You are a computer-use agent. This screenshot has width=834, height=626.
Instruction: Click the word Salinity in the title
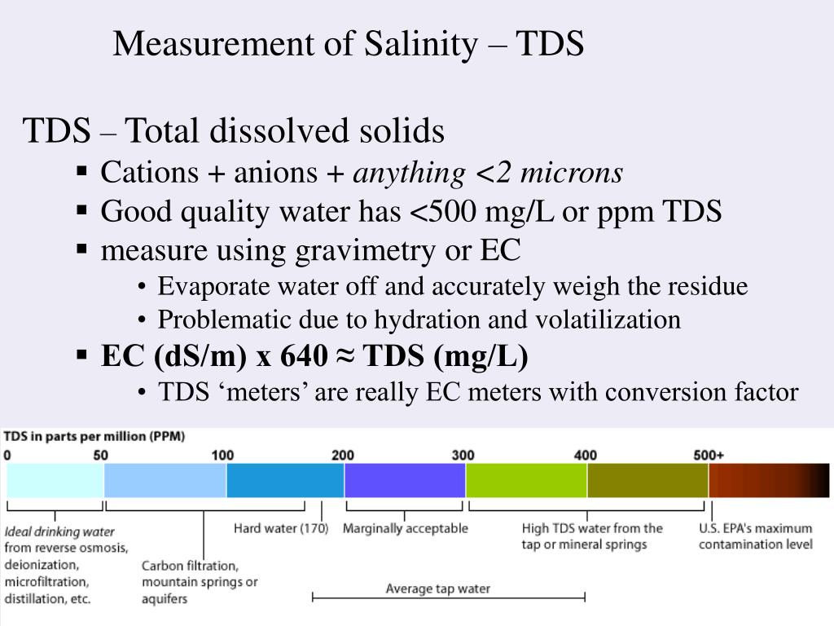pyautogui.click(x=421, y=44)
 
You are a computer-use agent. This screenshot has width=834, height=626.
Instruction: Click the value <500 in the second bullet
pyautogui.click(x=442, y=211)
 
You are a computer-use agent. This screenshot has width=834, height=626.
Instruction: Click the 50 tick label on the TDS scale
pyautogui.click(x=100, y=455)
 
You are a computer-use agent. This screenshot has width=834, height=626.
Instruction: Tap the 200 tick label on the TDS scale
pyautogui.click(x=343, y=455)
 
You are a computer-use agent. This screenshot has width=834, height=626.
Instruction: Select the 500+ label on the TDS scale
pyautogui.click(x=709, y=455)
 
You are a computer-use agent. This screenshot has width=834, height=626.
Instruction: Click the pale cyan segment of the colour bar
pyautogui.click(x=55, y=480)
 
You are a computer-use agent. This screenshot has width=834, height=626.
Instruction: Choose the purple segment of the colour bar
pyautogui.click(x=405, y=480)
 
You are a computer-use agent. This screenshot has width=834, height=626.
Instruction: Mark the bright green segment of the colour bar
pyautogui.click(x=527, y=480)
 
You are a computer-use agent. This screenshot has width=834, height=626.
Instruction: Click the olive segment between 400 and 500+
pyautogui.click(x=647, y=480)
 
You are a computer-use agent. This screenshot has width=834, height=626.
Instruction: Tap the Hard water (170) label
pyautogui.click(x=281, y=528)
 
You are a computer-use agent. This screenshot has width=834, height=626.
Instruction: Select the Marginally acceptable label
pyautogui.click(x=406, y=528)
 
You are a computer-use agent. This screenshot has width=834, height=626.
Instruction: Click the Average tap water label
pyautogui.click(x=437, y=589)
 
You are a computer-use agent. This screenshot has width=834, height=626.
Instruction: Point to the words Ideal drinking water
pyautogui.click(x=59, y=531)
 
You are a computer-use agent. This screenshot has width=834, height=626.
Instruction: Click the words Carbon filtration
pyautogui.click(x=190, y=566)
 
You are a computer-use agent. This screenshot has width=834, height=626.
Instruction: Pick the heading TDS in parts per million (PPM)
pyautogui.click(x=94, y=437)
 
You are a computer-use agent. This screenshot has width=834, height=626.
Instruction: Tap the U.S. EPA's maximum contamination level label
pyautogui.click(x=755, y=536)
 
